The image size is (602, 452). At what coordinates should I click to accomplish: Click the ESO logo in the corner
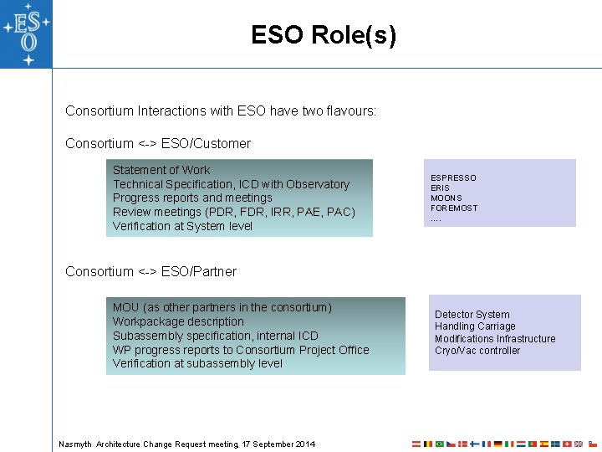[x=26, y=33]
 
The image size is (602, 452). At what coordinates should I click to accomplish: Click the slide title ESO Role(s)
[x=324, y=35]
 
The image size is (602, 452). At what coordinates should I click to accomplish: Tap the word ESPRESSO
[x=453, y=178]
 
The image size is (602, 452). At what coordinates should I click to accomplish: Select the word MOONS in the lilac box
[x=446, y=198]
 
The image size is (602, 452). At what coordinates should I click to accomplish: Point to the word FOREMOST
[x=454, y=208]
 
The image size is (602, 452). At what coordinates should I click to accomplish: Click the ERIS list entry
[x=440, y=188]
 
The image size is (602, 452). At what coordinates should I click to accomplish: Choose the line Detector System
[x=472, y=315]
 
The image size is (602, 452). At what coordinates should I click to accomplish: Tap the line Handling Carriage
[x=475, y=326]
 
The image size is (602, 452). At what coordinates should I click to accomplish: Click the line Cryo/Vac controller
[x=477, y=351]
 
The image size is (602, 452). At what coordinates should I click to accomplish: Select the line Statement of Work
[x=161, y=170]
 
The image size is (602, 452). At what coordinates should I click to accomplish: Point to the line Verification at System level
[x=182, y=226]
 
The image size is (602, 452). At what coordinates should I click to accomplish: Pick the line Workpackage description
[x=178, y=321]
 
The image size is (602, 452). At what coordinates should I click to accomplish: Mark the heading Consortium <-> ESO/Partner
[x=150, y=271]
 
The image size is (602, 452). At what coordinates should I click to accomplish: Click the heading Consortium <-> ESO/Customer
[x=158, y=143]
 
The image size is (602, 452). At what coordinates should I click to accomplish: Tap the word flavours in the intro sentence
[x=351, y=110]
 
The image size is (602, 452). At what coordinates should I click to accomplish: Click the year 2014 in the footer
[x=304, y=444]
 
